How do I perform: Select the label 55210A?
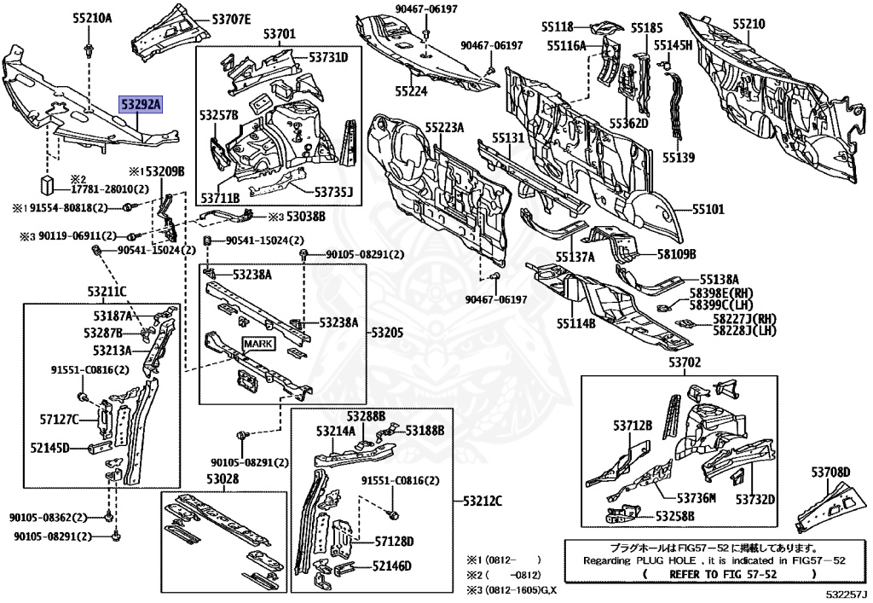[x=91, y=17]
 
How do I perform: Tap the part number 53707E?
[x=231, y=18]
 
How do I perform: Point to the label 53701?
[x=279, y=34]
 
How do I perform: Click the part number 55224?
[x=410, y=90]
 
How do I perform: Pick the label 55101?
[x=708, y=208]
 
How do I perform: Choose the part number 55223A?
[x=444, y=127]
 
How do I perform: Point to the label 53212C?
[x=482, y=501]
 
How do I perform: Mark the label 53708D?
[x=830, y=472]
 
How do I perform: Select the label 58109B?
[x=676, y=253]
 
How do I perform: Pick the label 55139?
[x=679, y=158]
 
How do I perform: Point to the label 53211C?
[x=106, y=292]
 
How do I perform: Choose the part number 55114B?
[x=576, y=323]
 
